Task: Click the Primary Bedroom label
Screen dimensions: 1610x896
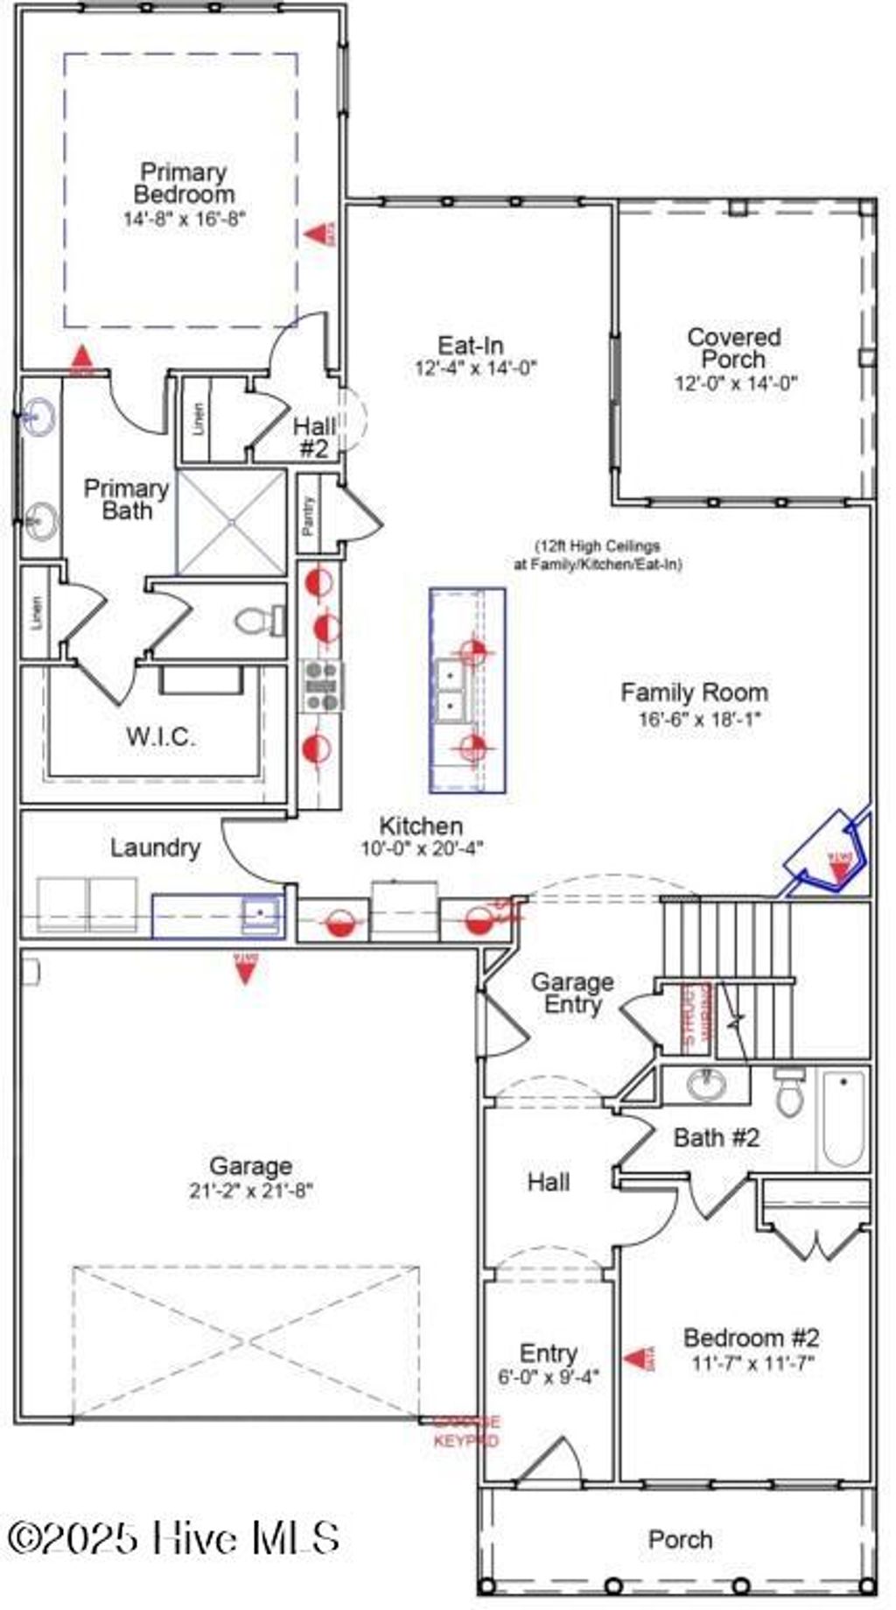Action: tap(184, 183)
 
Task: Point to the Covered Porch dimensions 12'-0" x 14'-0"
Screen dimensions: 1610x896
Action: tap(735, 383)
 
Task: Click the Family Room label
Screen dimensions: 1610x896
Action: tap(694, 693)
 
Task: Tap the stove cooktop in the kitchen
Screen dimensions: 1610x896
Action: tap(321, 685)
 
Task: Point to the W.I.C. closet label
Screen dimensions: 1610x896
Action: tap(160, 736)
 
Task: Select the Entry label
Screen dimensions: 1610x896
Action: tap(548, 1353)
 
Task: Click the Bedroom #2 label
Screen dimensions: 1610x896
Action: tap(751, 1338)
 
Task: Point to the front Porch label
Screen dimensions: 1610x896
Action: tap(680, 1539)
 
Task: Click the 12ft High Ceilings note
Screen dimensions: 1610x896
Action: tap(598, 555)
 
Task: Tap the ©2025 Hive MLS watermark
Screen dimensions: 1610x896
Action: tap(173, 1538)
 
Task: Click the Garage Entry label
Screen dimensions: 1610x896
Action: tap(572, 993)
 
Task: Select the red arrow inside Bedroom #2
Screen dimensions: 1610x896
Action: tap(638, 1359)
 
